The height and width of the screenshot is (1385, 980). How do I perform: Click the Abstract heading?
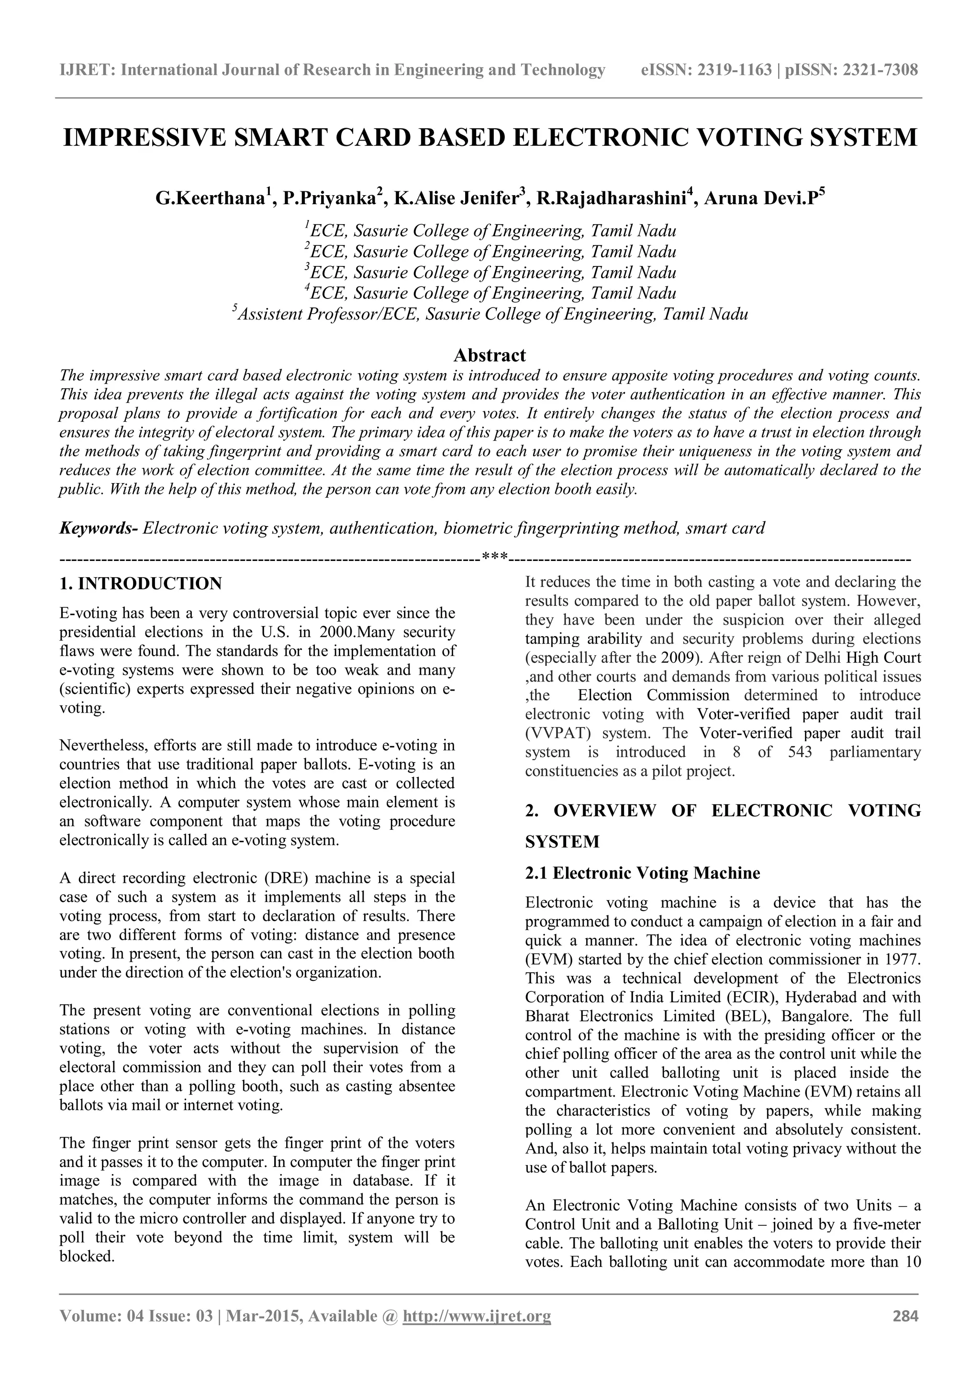click(x=490, y=355)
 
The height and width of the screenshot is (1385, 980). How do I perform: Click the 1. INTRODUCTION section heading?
click(x=141, y=584)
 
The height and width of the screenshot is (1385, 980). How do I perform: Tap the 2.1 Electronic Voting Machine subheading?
click(x=643, y=873)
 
